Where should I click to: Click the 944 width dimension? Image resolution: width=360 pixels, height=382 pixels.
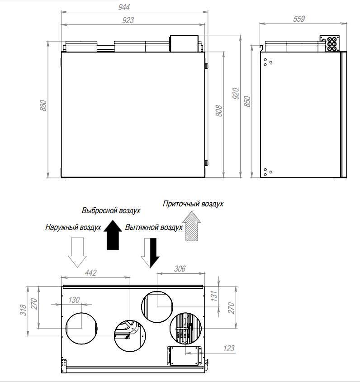pyautogui.click(x=124, y=7)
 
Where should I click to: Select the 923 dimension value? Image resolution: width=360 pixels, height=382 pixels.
pyautogui.click(x=128, y=20)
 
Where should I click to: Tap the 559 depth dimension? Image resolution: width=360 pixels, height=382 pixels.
pyautogui.click(x=298, y=19)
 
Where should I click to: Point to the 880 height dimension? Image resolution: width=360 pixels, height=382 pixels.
pyautogui.click(x=43, y=105)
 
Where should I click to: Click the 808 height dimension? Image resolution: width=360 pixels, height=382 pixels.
pyautogui.click(x=219, y=111)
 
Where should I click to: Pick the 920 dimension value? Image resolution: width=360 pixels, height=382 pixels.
pyautogui.click(x=236, y=94)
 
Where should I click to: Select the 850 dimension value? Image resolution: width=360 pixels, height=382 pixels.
pyautogui.click(x=247, y=101)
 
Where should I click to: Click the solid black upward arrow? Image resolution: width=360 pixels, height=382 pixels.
pyautogui.click(x=113, y=234)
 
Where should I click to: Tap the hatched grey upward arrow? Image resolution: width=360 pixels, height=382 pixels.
pyautogui.click(x=192, y=226)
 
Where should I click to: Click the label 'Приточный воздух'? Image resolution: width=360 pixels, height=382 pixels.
pyautogui.click(x=193, y=204)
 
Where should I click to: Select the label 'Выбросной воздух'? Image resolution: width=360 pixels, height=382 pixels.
pyautogui.click(x=111, y=210)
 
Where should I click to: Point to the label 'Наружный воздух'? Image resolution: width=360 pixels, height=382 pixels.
pyautogui.click(x=73, y=227)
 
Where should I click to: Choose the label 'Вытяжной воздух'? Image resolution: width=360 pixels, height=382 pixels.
pyautogui.click(x=154, y=227)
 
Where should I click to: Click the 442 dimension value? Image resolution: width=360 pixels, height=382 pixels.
pyautogui.click(x=90, y=272)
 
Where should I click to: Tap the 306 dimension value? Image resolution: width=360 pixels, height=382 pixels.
pyautogui.click(x=180, y=269)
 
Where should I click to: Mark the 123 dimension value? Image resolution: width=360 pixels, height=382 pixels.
pyautogui.click(x=229, y=349)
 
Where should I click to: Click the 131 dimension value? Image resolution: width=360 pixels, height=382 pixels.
pyautogui.click(x=214, y=296)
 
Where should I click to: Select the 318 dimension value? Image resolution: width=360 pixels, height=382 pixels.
pyautogui.click(x=23, y=310)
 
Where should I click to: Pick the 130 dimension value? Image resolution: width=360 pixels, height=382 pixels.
pyautogui.click(x=74, y=300)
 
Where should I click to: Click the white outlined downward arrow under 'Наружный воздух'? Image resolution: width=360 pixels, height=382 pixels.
pyautogui.click(x=77, y=253)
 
